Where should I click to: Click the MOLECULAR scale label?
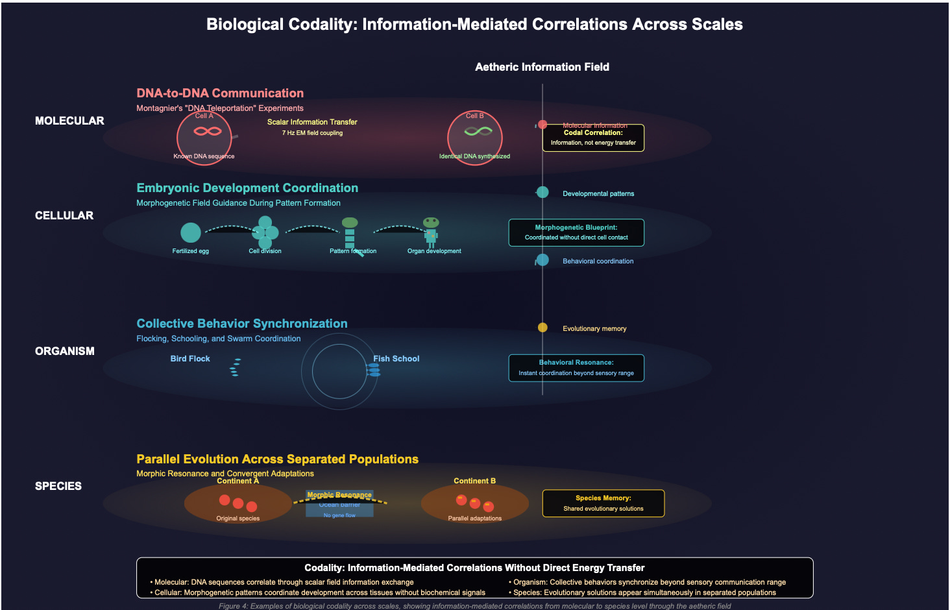pos(69,121)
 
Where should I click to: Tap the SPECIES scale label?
pos(58,486)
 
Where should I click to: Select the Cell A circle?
pos(204,138)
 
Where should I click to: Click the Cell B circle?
pos(475,138)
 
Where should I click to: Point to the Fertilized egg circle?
pos(191,232)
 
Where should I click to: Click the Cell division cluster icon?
pos(265,232)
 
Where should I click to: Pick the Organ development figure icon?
pos(431,232)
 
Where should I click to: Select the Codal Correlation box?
pos(593,138)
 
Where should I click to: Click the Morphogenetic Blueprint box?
pos(576,232)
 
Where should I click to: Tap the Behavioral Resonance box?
pos(576,368)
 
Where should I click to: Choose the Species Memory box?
pos(603,503)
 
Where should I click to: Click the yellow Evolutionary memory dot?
pos(542,328)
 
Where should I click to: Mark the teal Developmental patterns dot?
pos(542,192)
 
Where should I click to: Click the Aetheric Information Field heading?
pos(542,67)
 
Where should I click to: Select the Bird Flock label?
pos(190,359)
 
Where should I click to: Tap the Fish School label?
pos(396,359)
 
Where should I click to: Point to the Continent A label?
pos(237,481)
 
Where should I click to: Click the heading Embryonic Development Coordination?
pos(247,188)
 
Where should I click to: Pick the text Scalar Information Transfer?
pos(312,122)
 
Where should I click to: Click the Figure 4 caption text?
pos(474,606)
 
